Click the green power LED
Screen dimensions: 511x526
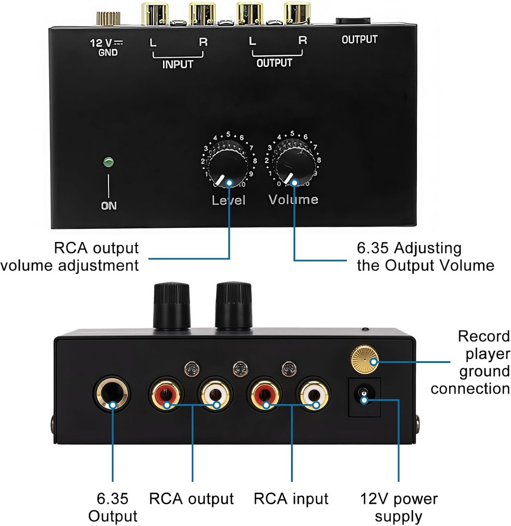click(108, 162)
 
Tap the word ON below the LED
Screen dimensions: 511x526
click(109, 206)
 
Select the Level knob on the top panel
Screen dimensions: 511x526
click(229, 167)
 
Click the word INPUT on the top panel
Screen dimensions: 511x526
click(178, 64)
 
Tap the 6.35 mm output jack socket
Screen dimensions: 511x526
click(112, 394)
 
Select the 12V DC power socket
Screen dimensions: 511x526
click(364, 397)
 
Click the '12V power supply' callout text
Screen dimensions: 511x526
click(399, 500)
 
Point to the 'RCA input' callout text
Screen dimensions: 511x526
click(291, 491)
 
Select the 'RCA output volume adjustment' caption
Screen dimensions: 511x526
click(70, 256)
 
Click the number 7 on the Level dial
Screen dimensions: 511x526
click(251, 148)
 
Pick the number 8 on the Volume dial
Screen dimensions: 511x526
click(319, 160)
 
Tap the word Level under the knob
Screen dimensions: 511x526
click(229, 200)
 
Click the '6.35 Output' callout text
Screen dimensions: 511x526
click(113, 500)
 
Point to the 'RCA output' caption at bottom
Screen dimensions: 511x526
click(192, 491)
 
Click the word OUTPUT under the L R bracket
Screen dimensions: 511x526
click(274, 63)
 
